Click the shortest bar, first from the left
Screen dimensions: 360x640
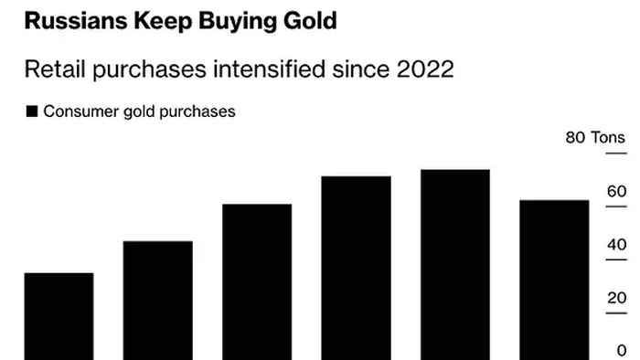tap(59, 315)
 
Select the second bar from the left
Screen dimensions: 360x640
tap(157, 300)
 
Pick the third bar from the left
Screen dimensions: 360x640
tap(257, 281)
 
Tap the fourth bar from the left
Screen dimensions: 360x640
tap(357, 267)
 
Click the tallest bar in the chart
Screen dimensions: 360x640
tap(455, 264)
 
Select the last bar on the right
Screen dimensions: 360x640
tap(554, 279)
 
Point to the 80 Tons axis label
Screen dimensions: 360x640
tap(595, 138)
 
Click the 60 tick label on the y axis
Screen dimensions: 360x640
tap(616, 192)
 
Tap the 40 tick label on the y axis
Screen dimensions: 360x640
tap(616, 245)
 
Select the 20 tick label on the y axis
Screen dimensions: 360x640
tap(616, 298)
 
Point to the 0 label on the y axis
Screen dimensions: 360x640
tap(622, 351)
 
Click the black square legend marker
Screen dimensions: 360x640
tap(32, 111)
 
